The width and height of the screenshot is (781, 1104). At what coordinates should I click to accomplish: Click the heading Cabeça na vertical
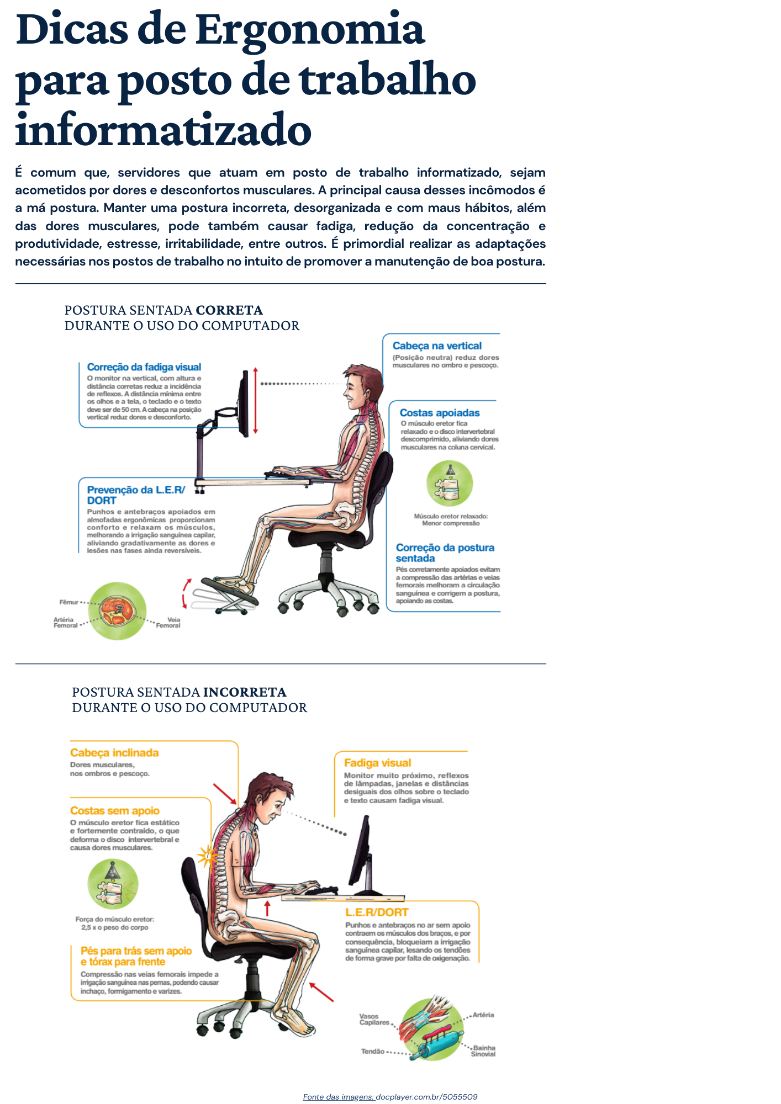pyautogui.click(x=437, y=346)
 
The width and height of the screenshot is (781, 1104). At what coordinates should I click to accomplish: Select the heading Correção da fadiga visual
pyautogui.click(x=144, y=367)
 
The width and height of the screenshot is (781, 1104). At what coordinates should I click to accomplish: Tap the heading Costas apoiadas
pyautogui.click(x=440, y=413)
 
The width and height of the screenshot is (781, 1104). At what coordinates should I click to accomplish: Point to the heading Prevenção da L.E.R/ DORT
pyautogui.click(x=136, y=495)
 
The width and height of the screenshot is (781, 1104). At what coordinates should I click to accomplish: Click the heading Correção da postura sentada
pyautogui.click(x=445, y=553)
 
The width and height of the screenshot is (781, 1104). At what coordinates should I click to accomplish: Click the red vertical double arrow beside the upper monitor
pyautogui.click(x=255, y=400)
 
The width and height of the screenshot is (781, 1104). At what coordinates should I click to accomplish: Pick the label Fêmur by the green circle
pyautogui.click(x=69, y=602)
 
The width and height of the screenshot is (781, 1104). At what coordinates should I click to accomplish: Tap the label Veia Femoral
pyautogui.click(x=168, y=623)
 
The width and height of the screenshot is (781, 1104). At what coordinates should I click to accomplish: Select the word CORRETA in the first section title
pyautogui.click(x=229, y=310)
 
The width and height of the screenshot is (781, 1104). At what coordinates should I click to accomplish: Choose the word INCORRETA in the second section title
pyautogui.click(x=245, y=692)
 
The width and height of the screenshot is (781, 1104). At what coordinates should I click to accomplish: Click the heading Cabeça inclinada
pyautogui.click(x=114, y=753)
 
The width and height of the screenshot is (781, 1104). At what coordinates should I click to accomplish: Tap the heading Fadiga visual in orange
pyautogui.click(x=378, y=763)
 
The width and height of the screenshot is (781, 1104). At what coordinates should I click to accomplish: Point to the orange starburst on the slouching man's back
pyautogui.click(x=208, y=857)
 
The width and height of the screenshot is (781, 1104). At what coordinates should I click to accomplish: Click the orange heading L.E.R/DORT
pyautogui.click(x=377, y=912)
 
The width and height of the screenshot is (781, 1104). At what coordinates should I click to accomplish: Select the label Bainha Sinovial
pyautogui.click(x=483, y=1051)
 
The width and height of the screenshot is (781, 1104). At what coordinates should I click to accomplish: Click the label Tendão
pyautogui.click(x=373, y=1052)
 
